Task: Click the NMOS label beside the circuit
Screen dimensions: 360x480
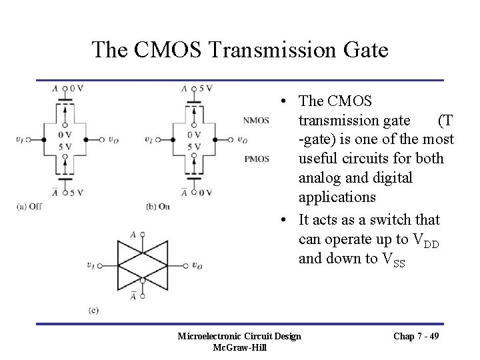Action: [x=257, y=121]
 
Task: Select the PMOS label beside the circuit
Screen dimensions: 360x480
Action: [x=257, y=159]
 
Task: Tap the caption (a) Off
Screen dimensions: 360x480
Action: [x=30, y=206]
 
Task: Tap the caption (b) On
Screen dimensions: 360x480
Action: [x=158, y=206]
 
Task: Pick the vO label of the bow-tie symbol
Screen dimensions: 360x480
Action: [x=197, y=266]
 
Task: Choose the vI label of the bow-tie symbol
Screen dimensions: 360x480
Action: [x=90, y=266]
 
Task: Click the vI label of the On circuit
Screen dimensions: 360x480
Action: [x=149, y=140]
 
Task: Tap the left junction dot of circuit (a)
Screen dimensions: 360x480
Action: [x=43, y=140]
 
